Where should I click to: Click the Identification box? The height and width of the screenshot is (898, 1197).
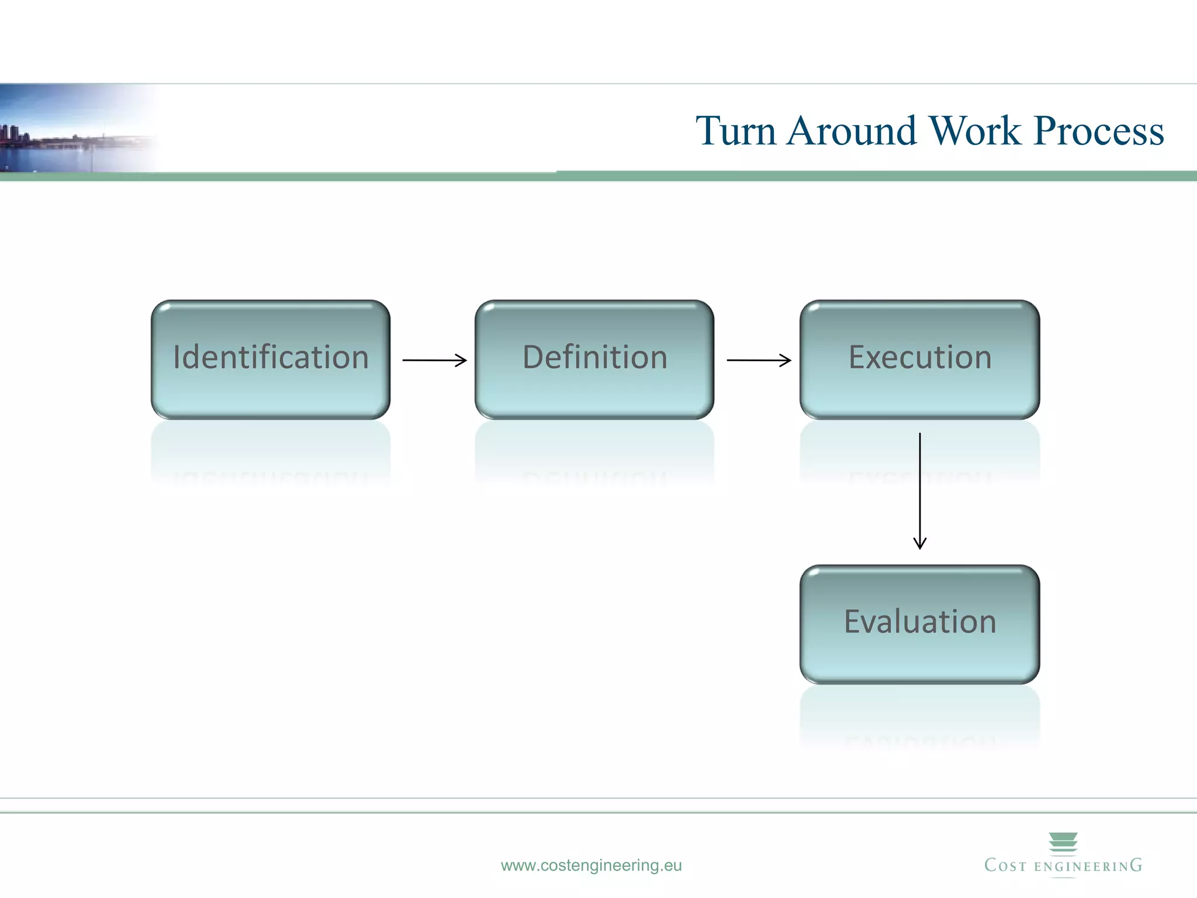(x=271, y=360)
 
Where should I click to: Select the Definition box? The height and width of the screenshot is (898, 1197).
(x=594, y=360)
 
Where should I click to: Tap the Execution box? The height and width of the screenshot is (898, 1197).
(x=919, y=360)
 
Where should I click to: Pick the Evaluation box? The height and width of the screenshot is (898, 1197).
(x=919, y=624)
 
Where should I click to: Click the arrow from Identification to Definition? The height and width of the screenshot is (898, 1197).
(x=434, y=360)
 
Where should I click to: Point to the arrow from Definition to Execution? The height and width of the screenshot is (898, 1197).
(x=759, y=360)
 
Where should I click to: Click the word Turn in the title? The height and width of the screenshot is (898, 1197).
(x=735, y=131)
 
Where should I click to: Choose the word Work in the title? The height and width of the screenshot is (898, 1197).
(x=974, y=131)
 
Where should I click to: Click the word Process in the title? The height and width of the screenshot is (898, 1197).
(x=1099, y=131)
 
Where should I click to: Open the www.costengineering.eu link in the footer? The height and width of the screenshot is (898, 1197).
(x=591, y=865)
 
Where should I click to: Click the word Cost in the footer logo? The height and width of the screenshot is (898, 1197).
(x=1005, y=865)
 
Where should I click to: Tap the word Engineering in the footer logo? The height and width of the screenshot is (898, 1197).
(x=1088, y=866)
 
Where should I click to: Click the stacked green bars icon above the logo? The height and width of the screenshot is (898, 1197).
(x=1063, y=842)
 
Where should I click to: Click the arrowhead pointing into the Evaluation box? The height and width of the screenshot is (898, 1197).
(x=920, y=544)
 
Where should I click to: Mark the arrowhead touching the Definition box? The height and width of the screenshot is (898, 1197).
(x=462, y=360)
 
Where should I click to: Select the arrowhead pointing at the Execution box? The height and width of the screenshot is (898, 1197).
(x=786, y=360)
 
